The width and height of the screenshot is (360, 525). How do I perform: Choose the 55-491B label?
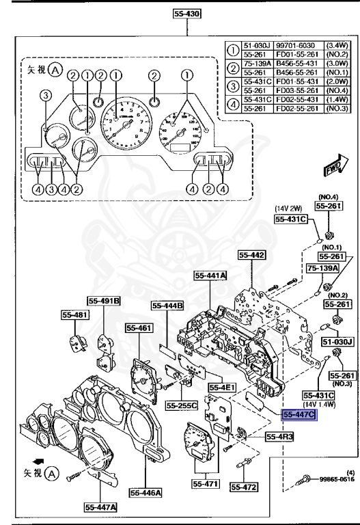click(104, 300)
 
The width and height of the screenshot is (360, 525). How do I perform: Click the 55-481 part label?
click(71, 315)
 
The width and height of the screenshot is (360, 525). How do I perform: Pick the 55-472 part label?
click(243, 487)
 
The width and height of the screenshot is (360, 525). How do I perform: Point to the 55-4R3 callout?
click(280, 435)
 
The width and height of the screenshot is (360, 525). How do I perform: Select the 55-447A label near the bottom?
click(100, 507)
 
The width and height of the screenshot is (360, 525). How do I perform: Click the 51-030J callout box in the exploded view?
click(336, 341)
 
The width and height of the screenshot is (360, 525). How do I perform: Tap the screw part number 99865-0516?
click(335, 499)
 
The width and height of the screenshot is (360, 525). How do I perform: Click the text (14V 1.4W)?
click(320, 405)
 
